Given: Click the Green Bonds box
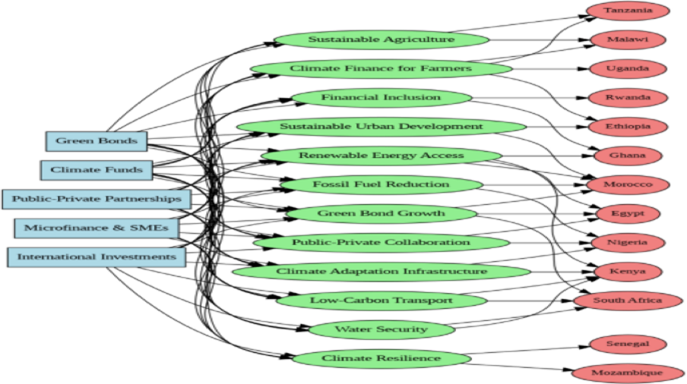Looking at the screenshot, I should (x=96, y=141).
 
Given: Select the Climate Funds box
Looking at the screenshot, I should (x=96, y=170).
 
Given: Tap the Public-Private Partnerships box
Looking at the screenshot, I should (x=96, y=199).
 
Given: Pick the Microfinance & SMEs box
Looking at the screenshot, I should (x=96, y=228).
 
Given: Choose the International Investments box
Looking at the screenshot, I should (x=96, y=257).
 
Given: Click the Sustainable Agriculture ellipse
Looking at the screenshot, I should (x=381, y=39).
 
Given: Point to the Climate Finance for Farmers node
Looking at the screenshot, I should (x=380, y=68).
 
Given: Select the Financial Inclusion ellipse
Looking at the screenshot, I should (x=381, y=97).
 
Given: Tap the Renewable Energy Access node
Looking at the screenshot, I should (x=381, y=156).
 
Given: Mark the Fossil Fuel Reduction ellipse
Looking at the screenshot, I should (x=381, y=184).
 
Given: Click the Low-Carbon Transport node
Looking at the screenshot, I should (x=381, y=301).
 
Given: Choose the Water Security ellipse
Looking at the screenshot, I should (x=381, y=329).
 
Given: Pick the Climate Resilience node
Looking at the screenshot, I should (x=381, y=358).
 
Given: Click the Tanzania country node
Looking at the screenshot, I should (x=627, y=11).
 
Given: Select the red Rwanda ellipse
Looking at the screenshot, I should (x=627, y=98).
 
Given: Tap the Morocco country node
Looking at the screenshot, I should (x=627, y=184).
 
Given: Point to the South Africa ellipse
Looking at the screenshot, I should (x=627, y=301).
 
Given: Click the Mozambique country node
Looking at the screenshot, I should (x=627, y=373).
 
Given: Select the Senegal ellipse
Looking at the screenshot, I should (x=627, y=344).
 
